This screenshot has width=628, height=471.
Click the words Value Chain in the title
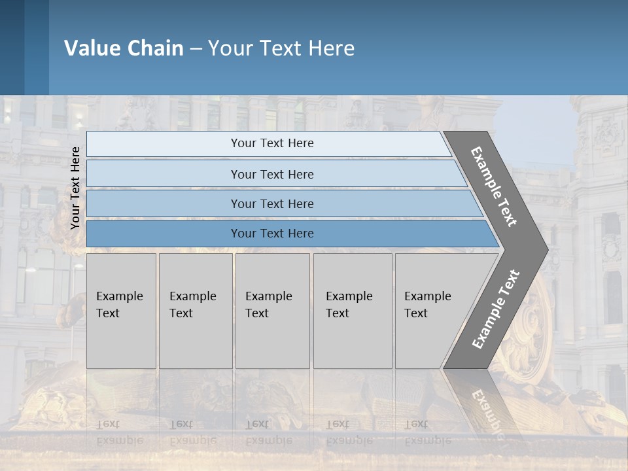click(124, 48)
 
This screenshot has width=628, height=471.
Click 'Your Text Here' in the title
click(281, 48)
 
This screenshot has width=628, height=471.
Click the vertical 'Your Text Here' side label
click(75, 188)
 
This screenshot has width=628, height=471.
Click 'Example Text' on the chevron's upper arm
click(494, 186)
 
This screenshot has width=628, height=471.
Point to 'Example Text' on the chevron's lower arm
click(495, 309)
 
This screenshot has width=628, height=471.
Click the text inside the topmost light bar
click(272, 143)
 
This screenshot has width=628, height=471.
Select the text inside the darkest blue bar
click(272, 234)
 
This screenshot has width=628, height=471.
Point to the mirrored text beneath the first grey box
click(119, 432)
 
